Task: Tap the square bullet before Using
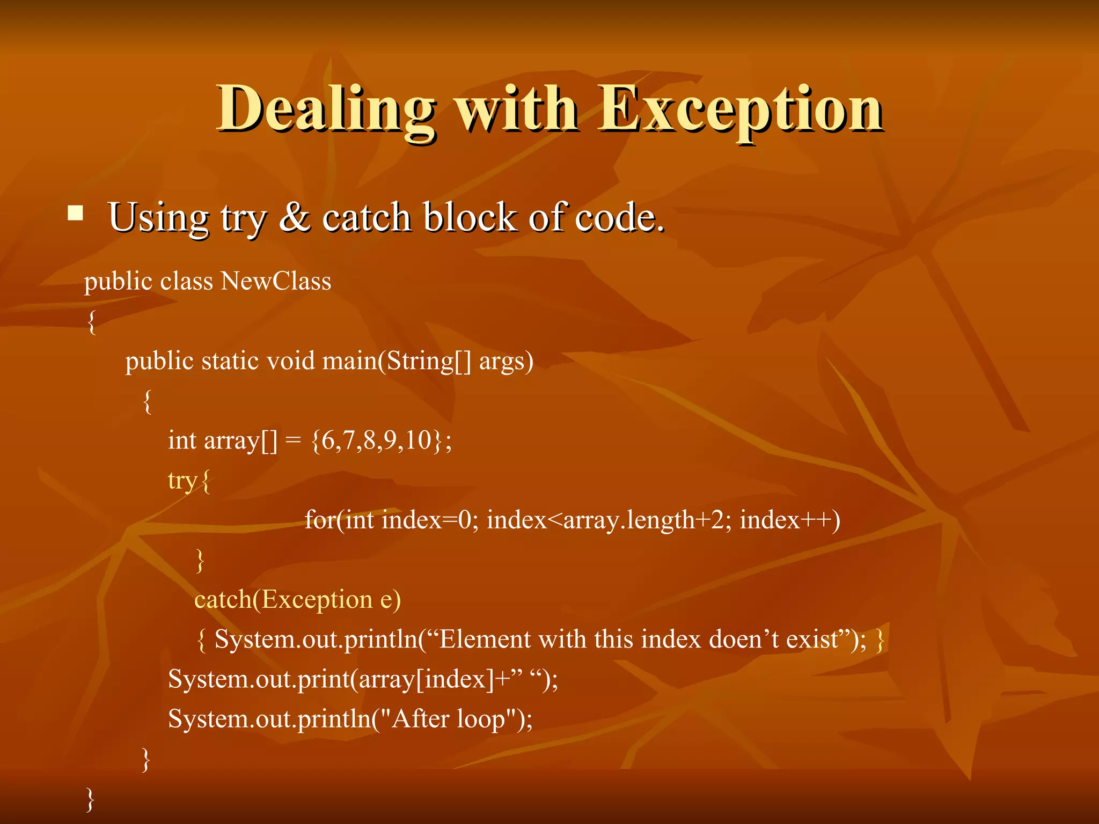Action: pos(76,214)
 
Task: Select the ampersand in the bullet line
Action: pos(294,217)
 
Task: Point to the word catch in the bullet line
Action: pos(366,217)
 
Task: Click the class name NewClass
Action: pos(276,281)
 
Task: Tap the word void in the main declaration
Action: pos(290,360)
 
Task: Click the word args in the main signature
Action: pos(502,360)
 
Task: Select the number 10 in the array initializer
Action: pos(419,440)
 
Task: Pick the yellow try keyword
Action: pos(182,480)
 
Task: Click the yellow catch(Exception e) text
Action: pos(297,599)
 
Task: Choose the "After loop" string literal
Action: pos(450,719)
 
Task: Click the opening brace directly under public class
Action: pos(92,321)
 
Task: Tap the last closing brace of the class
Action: pos(90,799)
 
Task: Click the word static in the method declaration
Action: pos(231,360)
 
